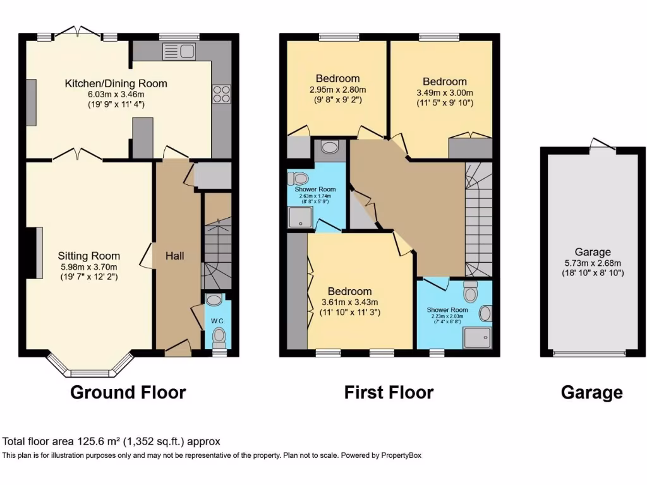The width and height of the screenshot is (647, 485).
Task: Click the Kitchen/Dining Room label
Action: pyautogui.click(x=116, y=83)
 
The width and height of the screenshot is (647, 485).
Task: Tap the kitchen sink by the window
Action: pyautogui.click(x=172, y=51)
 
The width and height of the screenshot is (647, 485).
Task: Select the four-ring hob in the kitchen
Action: pyautogui.click(x=221, y=94)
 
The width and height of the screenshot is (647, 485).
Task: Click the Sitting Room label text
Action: pyautogui.click(x=89, y=256)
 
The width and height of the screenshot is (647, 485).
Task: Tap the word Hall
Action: pyautogui.click(x=174, y=256)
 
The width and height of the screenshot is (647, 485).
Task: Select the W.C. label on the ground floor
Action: pyautogui.click(x=218, y=321)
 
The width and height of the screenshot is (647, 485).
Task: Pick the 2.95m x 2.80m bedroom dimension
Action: pyautogui.click(x=338, y=90)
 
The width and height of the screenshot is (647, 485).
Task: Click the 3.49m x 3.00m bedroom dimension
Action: pyautogui.click(x=445, y=93)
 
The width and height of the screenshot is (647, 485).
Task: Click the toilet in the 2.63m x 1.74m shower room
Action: pyautogui.click(x=296, y=179)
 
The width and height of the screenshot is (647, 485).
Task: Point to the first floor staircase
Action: pyautogui.click(x=478, y=221)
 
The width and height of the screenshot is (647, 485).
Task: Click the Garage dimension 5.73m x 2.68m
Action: pyautogui.click(x=593, y=263)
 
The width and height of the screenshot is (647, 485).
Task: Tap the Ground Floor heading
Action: pyautogui.click(x=128, y=392)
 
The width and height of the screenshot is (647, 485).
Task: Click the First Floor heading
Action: pyautogui.click(x=389, y=392)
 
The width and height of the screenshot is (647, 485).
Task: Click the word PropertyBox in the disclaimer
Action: pyautogui.click(x=399, y=455)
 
